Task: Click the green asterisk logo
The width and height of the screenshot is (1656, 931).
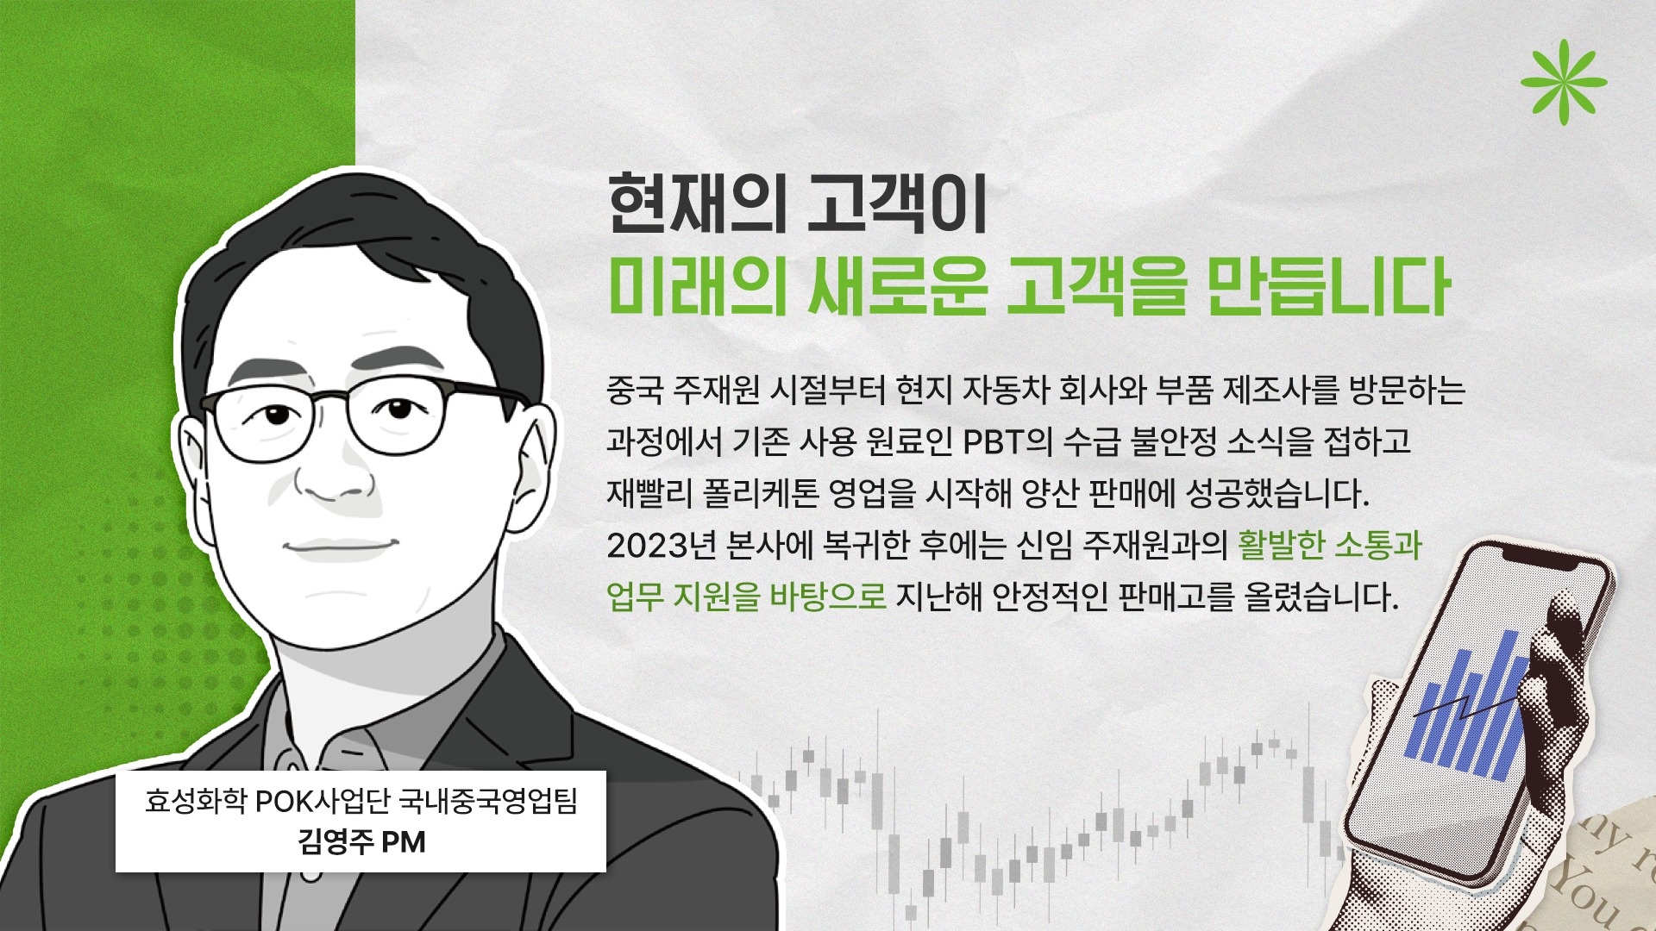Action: pyautogui.click(x=1564, y=83)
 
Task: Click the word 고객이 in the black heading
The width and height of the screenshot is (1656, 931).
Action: pyautogui.click(x=897, y=203)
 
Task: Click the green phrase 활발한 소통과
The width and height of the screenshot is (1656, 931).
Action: pyautogui.click(x=1329, y=545)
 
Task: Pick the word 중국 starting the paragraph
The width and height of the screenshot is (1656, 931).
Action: pyautogui.click(x=635, y=390)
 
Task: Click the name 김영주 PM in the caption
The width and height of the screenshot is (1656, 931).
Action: pyautogui.click(x=361, y=841)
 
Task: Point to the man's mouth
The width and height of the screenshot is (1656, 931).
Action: pyautogui.click(x=341, y=547)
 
